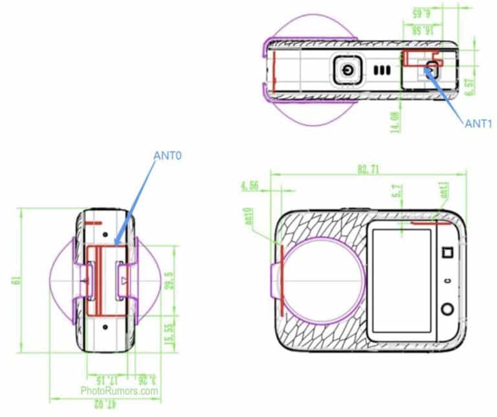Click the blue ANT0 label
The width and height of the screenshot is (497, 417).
[168, 157]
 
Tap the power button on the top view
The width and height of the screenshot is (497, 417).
[349, 69]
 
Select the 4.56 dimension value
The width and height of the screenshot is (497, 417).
[250, 186]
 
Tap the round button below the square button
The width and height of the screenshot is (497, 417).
[446, 310]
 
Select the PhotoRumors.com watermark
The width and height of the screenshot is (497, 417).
[120, 391]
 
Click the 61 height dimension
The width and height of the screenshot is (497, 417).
[14, 280]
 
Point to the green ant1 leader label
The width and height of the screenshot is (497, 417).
[444, 191]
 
